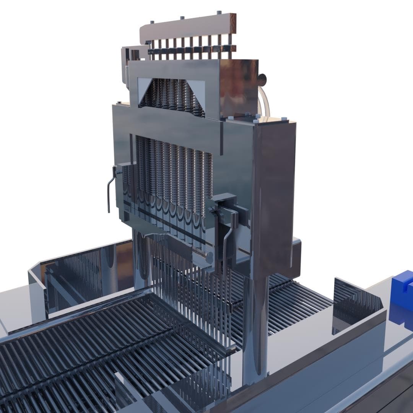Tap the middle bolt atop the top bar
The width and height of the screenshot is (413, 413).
coord(182,18)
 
